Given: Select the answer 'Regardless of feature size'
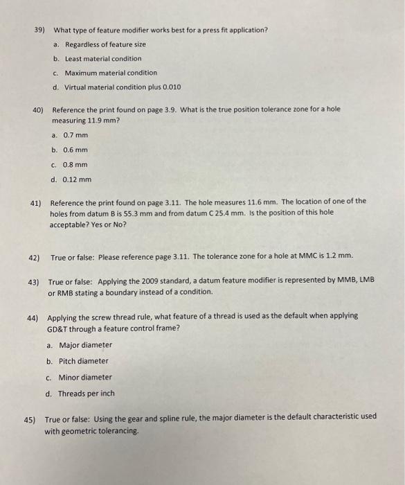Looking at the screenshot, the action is point(105,44).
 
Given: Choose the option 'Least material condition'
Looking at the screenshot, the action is point(103,59).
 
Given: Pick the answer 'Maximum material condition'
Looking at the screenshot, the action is point(111,73).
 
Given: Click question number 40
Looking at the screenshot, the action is point(38,109).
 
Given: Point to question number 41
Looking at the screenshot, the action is point(35,202).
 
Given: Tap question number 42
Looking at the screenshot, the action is point(34,258).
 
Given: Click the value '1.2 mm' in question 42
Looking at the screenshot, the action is point(339,258).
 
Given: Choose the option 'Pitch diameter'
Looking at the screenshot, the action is point(83,361).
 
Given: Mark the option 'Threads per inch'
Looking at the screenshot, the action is point(87,394).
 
